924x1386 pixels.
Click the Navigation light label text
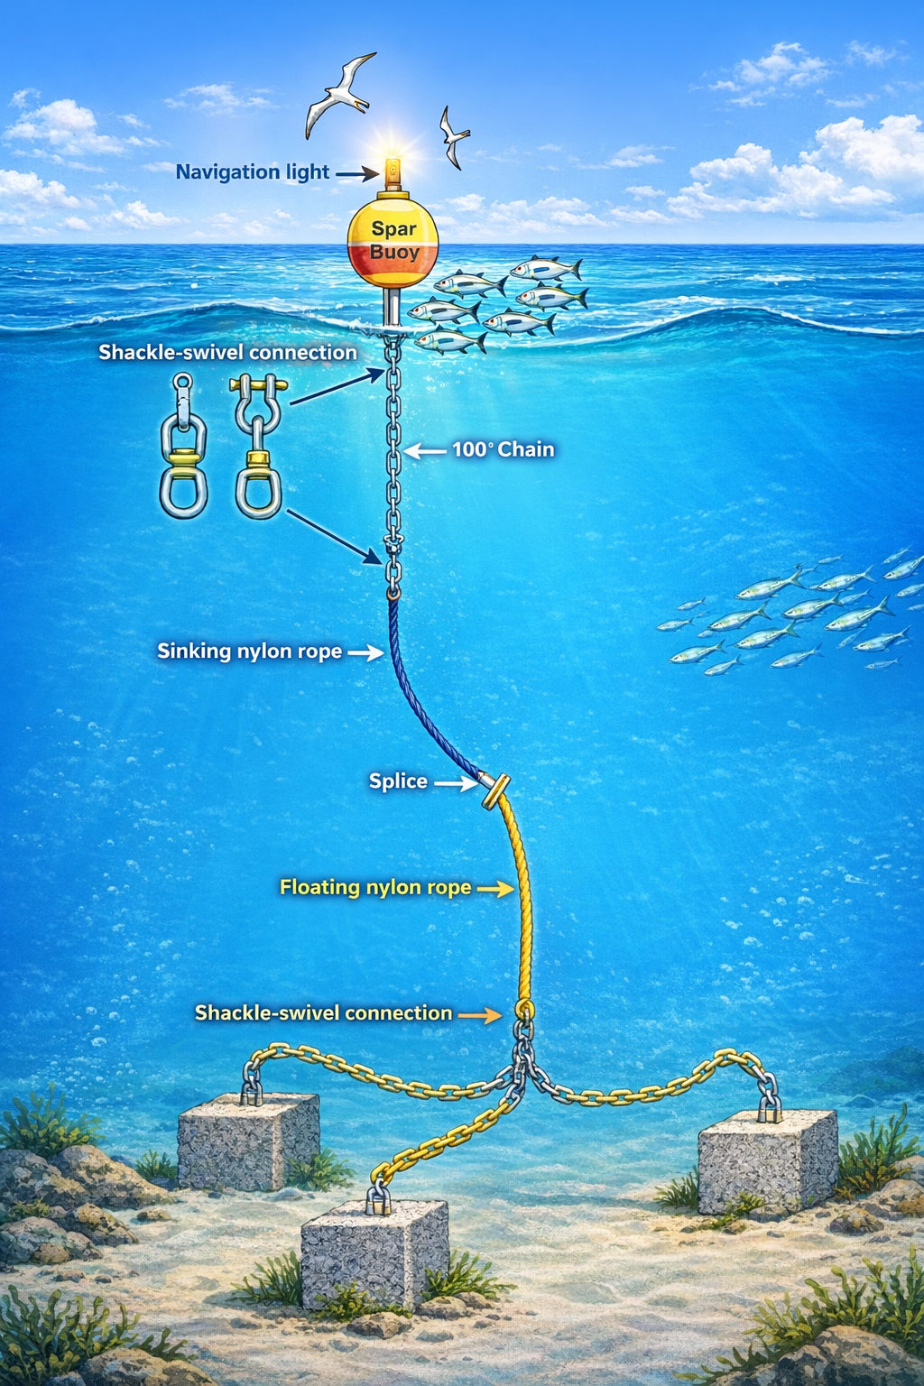[252, 171]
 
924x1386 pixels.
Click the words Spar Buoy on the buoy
[394, 241]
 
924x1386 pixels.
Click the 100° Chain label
[503, 449]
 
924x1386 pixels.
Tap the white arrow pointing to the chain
[424, 449]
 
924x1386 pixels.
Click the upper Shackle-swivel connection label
[227, 352]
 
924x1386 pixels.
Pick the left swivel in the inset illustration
[183, 447]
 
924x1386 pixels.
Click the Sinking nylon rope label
[249, 651]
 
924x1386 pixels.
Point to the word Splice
[398, 781]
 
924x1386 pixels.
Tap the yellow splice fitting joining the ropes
[495, 791]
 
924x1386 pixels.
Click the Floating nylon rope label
[375, 887]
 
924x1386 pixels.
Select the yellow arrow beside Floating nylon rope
[494, 889]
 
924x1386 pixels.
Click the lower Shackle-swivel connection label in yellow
[323, 1013]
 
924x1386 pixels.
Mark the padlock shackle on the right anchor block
[769, 1107]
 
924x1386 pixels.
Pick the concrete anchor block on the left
[248, 1141]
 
